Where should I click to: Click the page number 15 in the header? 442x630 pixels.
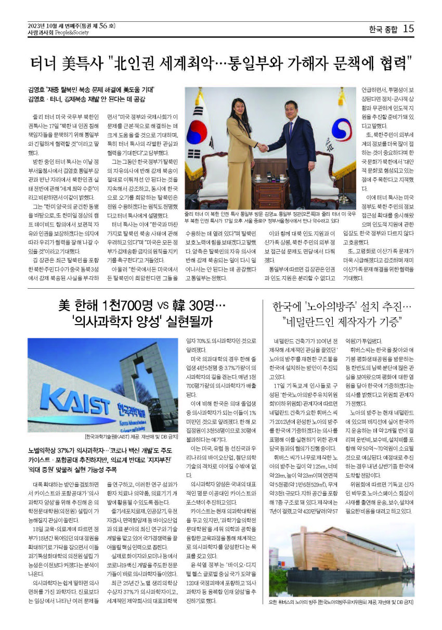pyautogui.click(x=408, y=29)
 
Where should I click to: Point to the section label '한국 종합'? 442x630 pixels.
pyautogui.click(x=383, y=30)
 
